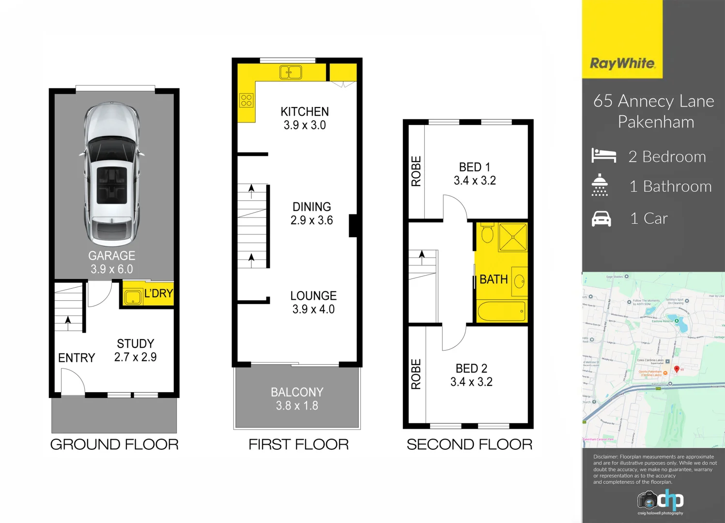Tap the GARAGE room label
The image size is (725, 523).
(x=111, y=256)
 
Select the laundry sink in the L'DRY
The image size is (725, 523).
(x=132, y=297)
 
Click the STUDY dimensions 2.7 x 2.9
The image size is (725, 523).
(x=135, y=357)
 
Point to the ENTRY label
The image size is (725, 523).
(x=77, y=358)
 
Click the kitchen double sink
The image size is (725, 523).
(x=291, y=73)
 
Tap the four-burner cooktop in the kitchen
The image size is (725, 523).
(x=246, y=100)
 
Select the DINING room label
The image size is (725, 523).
(x=311, y=207)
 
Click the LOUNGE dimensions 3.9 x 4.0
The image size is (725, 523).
(x=313, y=309)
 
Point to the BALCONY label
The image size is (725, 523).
(x=297, y=392)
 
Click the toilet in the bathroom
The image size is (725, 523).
(x=487, y=233)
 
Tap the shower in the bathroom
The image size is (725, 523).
(x=512, y=237)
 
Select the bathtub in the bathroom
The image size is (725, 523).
(x=502, y=311)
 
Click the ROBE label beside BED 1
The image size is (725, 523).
(x=416, y=171)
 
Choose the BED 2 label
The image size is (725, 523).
(x=471, y=369)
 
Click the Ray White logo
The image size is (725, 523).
(x=622, y=63)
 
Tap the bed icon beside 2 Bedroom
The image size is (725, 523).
(x=603, y=156)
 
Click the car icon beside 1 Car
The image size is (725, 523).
(x=601, y=219)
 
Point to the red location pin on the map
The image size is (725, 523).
(x=677, y=369)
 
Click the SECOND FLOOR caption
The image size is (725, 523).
(x=469, y=445)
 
